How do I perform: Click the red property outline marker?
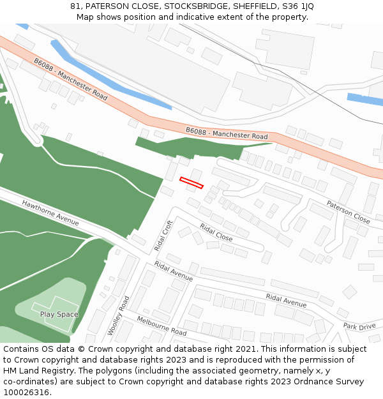[x=191, y=183]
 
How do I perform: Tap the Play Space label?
[x=59, y=314]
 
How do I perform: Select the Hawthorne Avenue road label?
[x=50, y=213]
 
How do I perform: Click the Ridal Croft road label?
[x=163, y=236]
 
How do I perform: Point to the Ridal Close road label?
[x=216, y=232]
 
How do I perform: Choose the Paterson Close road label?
[x=348, y=211]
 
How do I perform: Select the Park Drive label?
[x=359, y=326]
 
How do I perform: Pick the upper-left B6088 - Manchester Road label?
[x=71, y=79]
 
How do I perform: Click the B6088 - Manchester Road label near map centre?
[x=227, y=133]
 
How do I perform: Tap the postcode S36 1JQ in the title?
[x=299, y=6]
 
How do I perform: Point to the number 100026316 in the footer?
[x=26, y=392]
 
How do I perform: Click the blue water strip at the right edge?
[x=365, y=99]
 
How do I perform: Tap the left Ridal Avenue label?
[x=173, y=272]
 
